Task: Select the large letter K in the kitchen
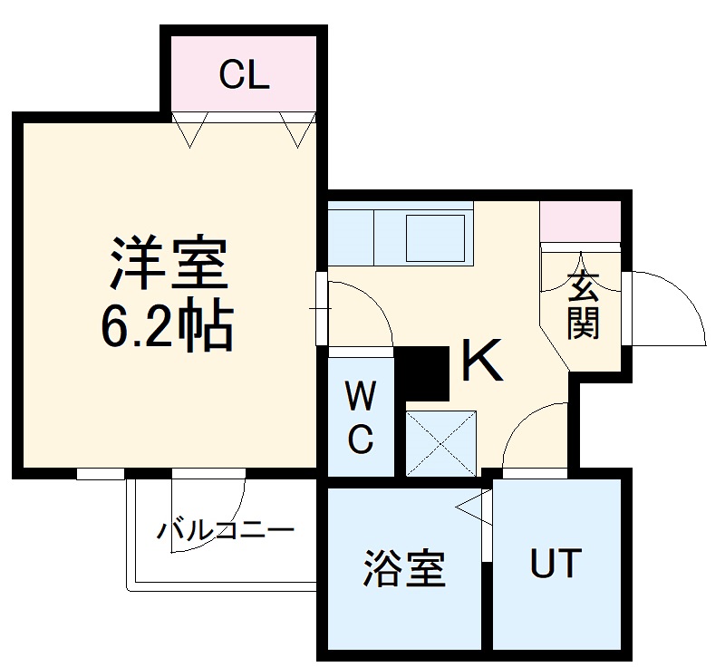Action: click(x=482, y=361)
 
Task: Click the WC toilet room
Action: click(x=361, y=418)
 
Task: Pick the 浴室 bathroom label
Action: click(x=404, y=568)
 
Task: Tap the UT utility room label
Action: click(x=555, y=564)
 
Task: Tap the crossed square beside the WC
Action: click(x=441, y=443)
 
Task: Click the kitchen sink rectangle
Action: click(x=436, y=237)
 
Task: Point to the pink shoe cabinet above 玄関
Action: click(x=580, y=222)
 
